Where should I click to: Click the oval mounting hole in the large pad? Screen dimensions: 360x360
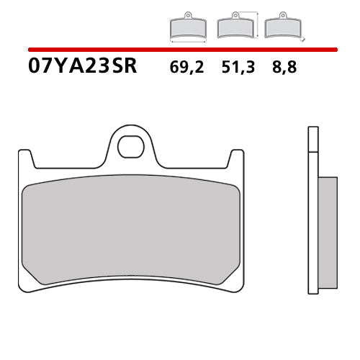click(x=131, y=147)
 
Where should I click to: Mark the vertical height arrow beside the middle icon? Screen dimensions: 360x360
click(x=256, y=24)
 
